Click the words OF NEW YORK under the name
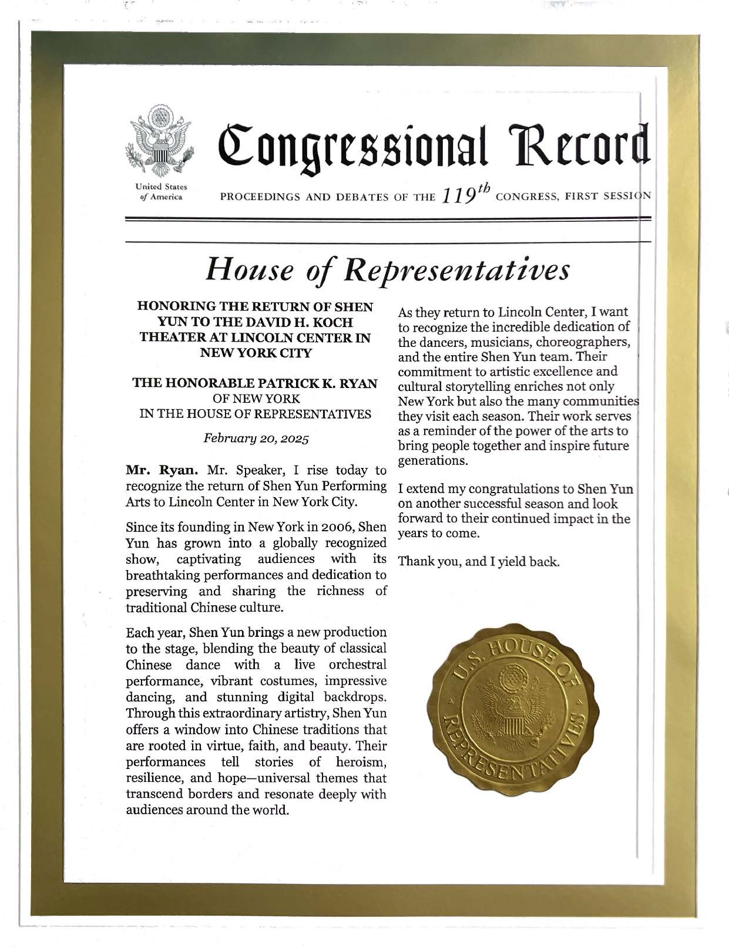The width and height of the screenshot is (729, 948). [256, 399]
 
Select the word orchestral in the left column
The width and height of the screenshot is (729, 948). [358, 665]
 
